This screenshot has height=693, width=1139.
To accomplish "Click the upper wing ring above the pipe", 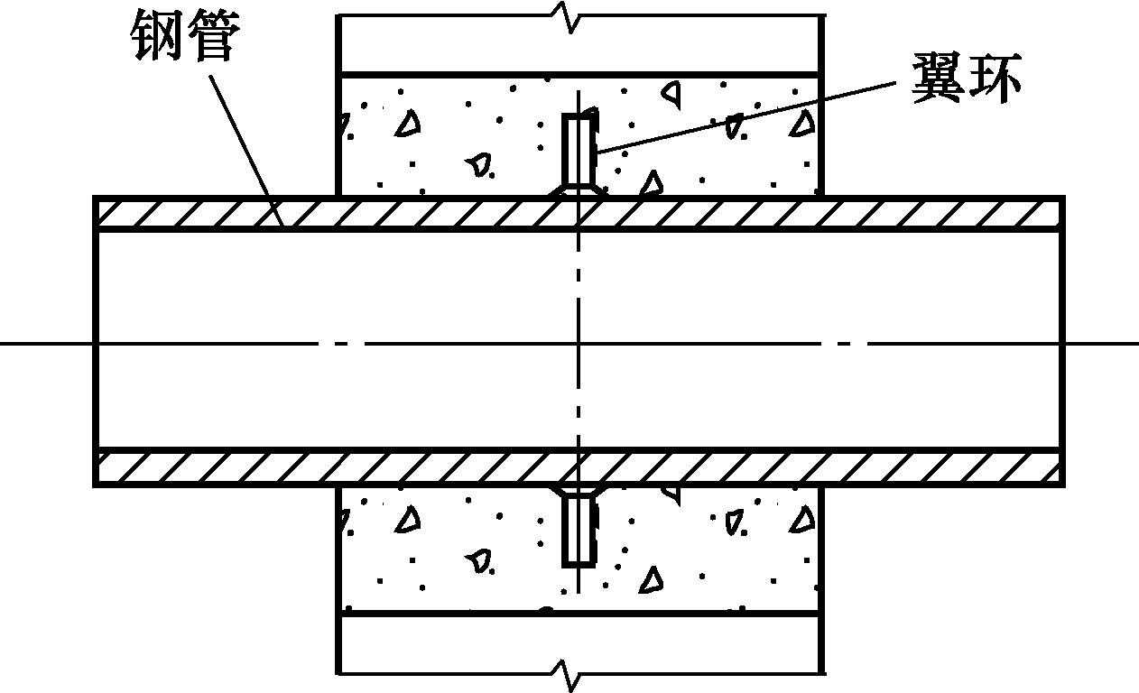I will point(578,148).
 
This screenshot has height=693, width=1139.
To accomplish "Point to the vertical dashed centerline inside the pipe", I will point(579,397).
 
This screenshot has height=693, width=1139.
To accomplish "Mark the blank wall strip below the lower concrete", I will point(451,643).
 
